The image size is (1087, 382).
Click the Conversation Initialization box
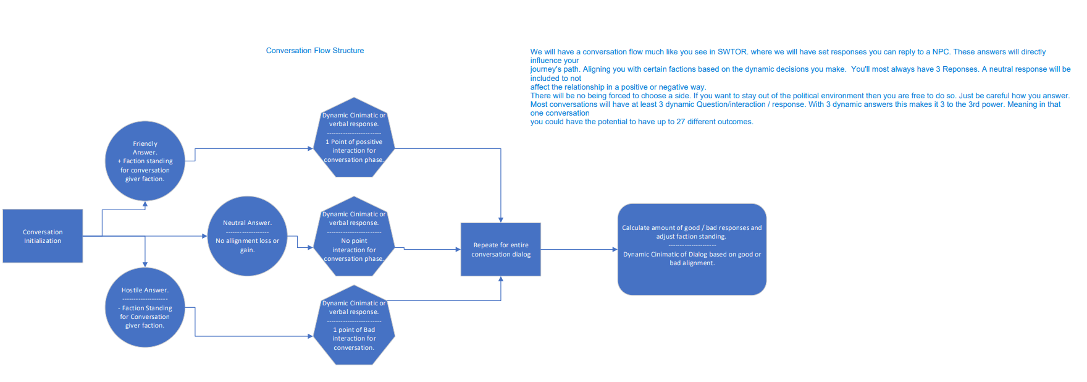[43, 236]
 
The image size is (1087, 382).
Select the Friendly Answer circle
[145, 161]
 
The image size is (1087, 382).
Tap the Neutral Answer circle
[247, 236]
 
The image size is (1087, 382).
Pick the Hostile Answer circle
[145, 307]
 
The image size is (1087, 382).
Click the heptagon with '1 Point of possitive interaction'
[354, 138]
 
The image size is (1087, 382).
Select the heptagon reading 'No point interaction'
[354, 237]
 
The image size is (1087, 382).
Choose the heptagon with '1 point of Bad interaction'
[354, 325]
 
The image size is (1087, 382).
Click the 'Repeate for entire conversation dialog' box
[501, 249]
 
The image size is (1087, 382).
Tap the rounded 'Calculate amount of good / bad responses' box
[692, 249]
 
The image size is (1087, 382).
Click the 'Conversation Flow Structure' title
[315, 51]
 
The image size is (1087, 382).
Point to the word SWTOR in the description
[732, 52]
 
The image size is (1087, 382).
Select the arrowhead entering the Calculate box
[615, 250]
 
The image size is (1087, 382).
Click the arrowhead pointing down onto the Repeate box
[501, 219]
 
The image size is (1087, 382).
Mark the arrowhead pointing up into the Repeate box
[501, 279]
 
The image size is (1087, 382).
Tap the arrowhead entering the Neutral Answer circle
[204, 236]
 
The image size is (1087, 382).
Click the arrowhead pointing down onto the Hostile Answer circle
[145, 264]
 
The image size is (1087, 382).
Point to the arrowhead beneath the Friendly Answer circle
[145, 204]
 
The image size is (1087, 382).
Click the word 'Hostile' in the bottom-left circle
[132, 291]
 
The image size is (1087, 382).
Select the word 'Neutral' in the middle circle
[234, 223]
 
